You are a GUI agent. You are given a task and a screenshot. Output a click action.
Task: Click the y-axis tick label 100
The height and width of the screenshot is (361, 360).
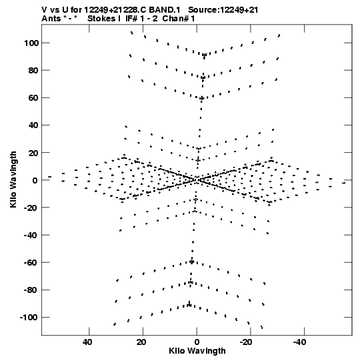coord(31,43)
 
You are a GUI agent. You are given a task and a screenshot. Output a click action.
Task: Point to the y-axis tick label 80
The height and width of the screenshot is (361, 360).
coord(33,71)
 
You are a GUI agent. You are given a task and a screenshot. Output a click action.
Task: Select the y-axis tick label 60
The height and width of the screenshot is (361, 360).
coord(33,98)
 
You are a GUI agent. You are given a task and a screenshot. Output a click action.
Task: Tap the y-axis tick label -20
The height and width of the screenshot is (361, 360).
coord(31,208)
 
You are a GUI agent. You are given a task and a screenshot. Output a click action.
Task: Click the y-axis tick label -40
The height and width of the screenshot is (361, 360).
coord(31,235)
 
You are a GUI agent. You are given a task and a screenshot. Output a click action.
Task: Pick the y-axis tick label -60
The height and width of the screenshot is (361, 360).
coord(31,262)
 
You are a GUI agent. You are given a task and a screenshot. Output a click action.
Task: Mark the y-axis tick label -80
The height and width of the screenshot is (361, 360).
coord(31,290)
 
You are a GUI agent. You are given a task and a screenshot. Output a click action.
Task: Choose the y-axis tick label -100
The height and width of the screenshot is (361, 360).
coord(29,317)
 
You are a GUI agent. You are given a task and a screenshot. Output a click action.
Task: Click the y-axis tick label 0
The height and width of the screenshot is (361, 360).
coord(35,180)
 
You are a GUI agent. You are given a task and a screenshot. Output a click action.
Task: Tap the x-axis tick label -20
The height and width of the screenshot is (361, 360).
coord(246,342)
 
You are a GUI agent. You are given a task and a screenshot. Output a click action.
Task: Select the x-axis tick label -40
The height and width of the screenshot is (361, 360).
coord(299,342)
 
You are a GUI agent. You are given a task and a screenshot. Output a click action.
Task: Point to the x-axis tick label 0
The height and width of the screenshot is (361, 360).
coord(197,342)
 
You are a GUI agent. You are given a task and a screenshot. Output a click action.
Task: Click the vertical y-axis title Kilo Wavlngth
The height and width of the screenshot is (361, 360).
coord(13,179)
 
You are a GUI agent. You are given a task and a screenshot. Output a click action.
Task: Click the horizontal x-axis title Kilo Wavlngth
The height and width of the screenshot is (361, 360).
coord(197,351)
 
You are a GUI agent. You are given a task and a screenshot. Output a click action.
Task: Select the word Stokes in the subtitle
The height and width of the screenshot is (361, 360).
coord(101,19)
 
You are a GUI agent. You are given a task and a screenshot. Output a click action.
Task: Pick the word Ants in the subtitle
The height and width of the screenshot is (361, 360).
coord(51,19)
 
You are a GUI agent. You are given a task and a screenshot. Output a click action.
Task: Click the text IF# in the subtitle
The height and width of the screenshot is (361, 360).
coord(132,19)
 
